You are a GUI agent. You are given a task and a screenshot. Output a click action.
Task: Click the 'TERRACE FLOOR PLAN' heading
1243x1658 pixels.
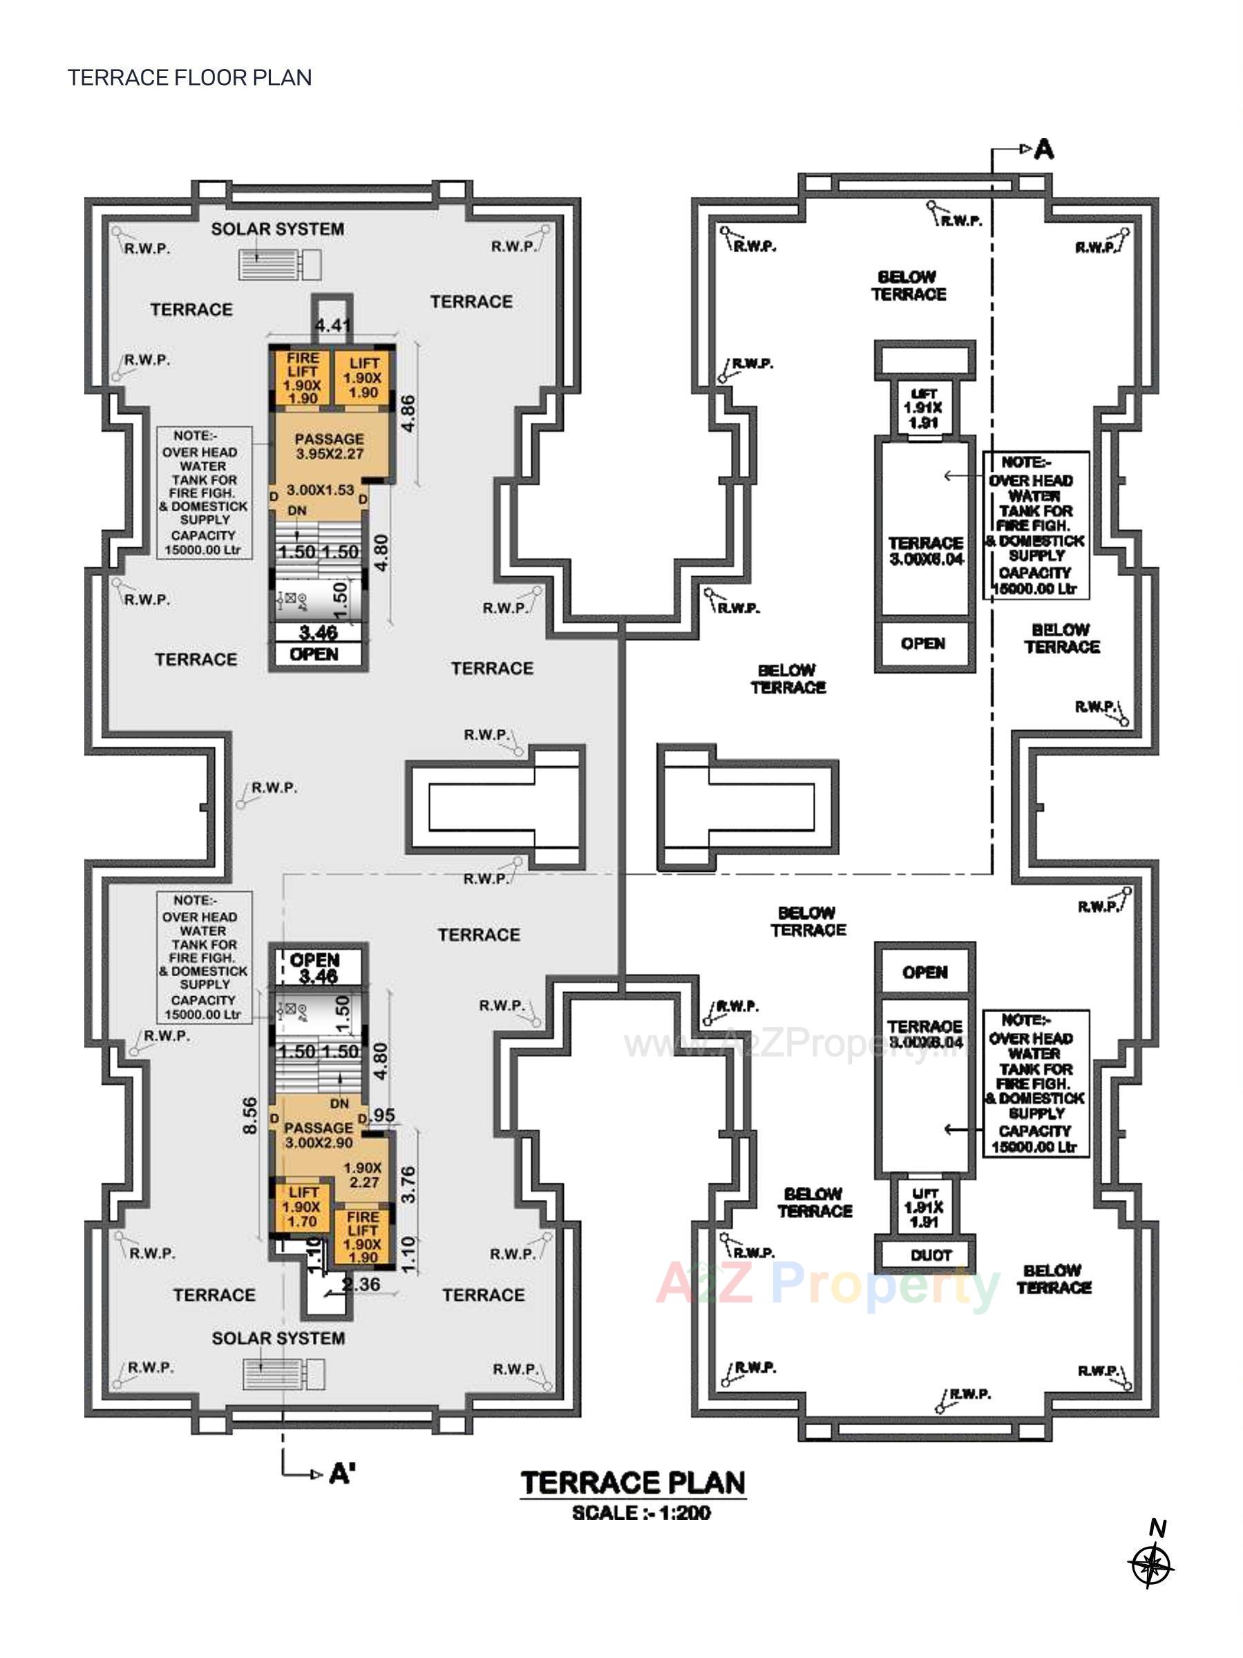pyautogui.click(x=190, y=78)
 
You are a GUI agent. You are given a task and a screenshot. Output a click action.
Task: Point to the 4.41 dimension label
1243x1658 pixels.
pyautogui.click(x=332, y=325)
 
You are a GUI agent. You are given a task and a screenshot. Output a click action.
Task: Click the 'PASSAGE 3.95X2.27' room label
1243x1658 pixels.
pyautogui.click(x=329, y=446)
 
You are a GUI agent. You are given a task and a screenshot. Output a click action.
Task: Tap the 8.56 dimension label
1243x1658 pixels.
pyautogui.click(x=251, y=1116)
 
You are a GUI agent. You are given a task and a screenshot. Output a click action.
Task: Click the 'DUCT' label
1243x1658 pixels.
pyautogui.click(x=931, y=1255)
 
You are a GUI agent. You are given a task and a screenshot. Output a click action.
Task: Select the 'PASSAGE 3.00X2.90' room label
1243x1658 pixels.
pyautogui.click(x=319, y=1136)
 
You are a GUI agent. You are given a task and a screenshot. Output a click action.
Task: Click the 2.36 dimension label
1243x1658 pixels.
pyautogui.click(x=361, y=1284)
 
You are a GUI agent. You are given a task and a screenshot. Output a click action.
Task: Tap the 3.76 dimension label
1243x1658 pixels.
pyautogui.click(x=408, y=1184)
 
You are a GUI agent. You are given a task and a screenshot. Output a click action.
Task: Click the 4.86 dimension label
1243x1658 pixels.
pyautogui.click(x=408, y=414)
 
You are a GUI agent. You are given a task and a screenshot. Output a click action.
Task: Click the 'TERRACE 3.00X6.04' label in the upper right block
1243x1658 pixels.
pyautogui.click(x=926, y=551)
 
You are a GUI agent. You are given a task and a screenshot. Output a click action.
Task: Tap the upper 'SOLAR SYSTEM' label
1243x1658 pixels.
pyautogui.click(x=277, y=229)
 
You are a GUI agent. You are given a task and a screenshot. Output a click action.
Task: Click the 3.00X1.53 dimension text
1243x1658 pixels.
pyautogui.click(x=320, y=490)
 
